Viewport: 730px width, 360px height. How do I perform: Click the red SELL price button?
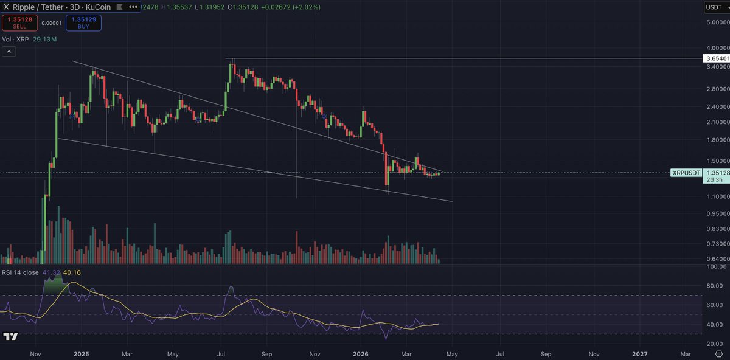pos(19,23)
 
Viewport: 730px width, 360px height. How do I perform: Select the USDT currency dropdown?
pos(714,7)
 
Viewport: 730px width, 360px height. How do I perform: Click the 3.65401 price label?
pos(715,58)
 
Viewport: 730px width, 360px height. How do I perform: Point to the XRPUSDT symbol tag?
pos(686,173)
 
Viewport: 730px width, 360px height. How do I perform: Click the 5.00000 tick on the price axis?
pos(715,23)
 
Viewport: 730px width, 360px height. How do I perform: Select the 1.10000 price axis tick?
pos(715,196)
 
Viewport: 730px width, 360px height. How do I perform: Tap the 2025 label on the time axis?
pos(81,353)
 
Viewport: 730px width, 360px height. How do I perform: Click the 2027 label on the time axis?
pos(640,353)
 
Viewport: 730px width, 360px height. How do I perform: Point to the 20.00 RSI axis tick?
pos(715,344)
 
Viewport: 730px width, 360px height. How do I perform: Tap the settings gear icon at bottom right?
pos(718,353)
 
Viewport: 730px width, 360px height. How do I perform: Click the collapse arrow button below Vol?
pos(9,52)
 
